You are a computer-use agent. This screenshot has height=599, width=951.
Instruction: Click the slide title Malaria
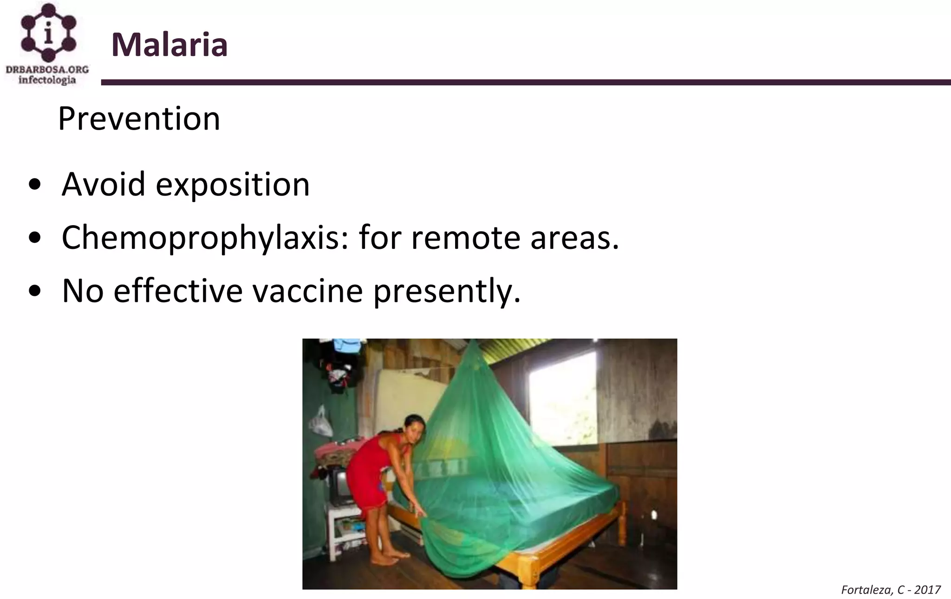169,45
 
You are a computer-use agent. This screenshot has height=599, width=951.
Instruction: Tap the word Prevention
139,119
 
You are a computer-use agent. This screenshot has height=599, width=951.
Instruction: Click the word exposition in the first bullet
232,185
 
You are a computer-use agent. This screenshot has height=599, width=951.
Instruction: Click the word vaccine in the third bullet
307,291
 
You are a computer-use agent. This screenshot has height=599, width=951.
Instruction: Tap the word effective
178,291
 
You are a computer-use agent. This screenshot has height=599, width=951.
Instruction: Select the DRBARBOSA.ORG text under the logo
47,70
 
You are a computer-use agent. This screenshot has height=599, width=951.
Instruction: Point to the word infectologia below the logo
47,80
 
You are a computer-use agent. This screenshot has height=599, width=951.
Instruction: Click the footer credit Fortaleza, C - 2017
891,590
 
